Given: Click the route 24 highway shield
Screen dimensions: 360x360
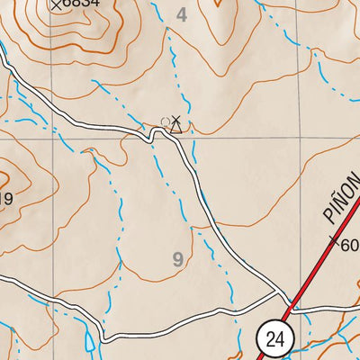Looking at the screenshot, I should coord(275,338).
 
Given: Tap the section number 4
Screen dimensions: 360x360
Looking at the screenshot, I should coord(183,14).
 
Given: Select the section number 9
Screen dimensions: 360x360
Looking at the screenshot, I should coord(177,260).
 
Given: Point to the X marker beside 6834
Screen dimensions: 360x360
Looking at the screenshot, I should coord(58,4).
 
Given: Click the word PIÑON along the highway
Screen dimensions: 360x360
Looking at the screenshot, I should coord(340,202).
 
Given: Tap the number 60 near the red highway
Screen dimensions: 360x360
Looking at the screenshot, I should coord(350,246).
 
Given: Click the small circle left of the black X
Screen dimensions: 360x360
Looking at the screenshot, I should coord(164,120).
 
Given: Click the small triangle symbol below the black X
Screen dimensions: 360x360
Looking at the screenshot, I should coord(176,128).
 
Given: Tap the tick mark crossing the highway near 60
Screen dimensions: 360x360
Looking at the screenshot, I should coord(335,241).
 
